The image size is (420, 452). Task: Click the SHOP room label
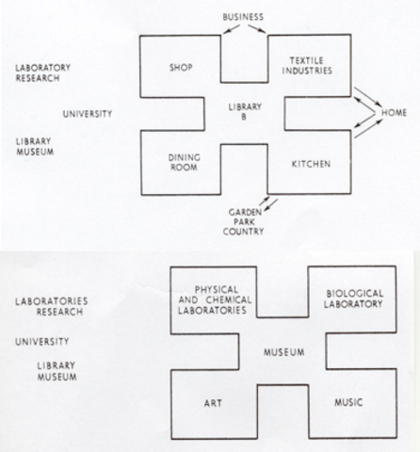(180, 67)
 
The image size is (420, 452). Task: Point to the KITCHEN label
(310, 165)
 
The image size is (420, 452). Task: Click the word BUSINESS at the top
(243, 16)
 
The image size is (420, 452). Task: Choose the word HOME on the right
(393, 114)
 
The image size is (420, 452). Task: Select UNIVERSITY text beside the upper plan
(87, 114)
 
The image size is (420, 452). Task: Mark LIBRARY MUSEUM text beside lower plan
(54, 372)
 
